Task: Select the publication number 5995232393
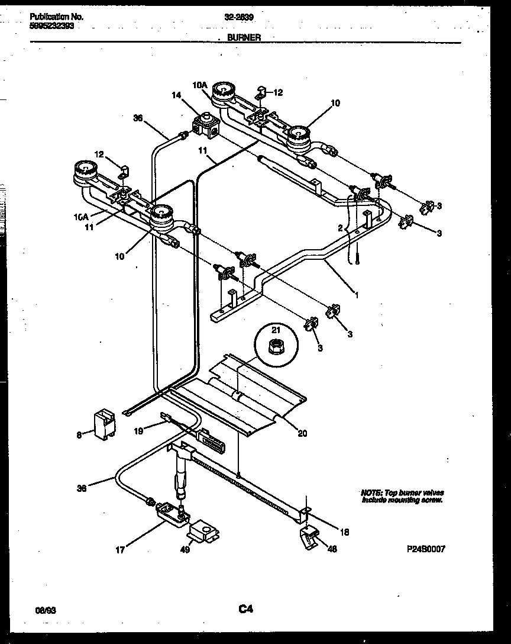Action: [52, 26]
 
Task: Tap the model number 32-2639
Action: [239, 17]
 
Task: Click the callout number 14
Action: [176, 94]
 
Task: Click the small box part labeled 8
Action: [105, 421]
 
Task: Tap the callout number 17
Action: [120, 550]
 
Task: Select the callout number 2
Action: [340, 228]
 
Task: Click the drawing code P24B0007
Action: [425, 549]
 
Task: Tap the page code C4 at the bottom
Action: [245, 608]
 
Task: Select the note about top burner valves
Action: [402, 497]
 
